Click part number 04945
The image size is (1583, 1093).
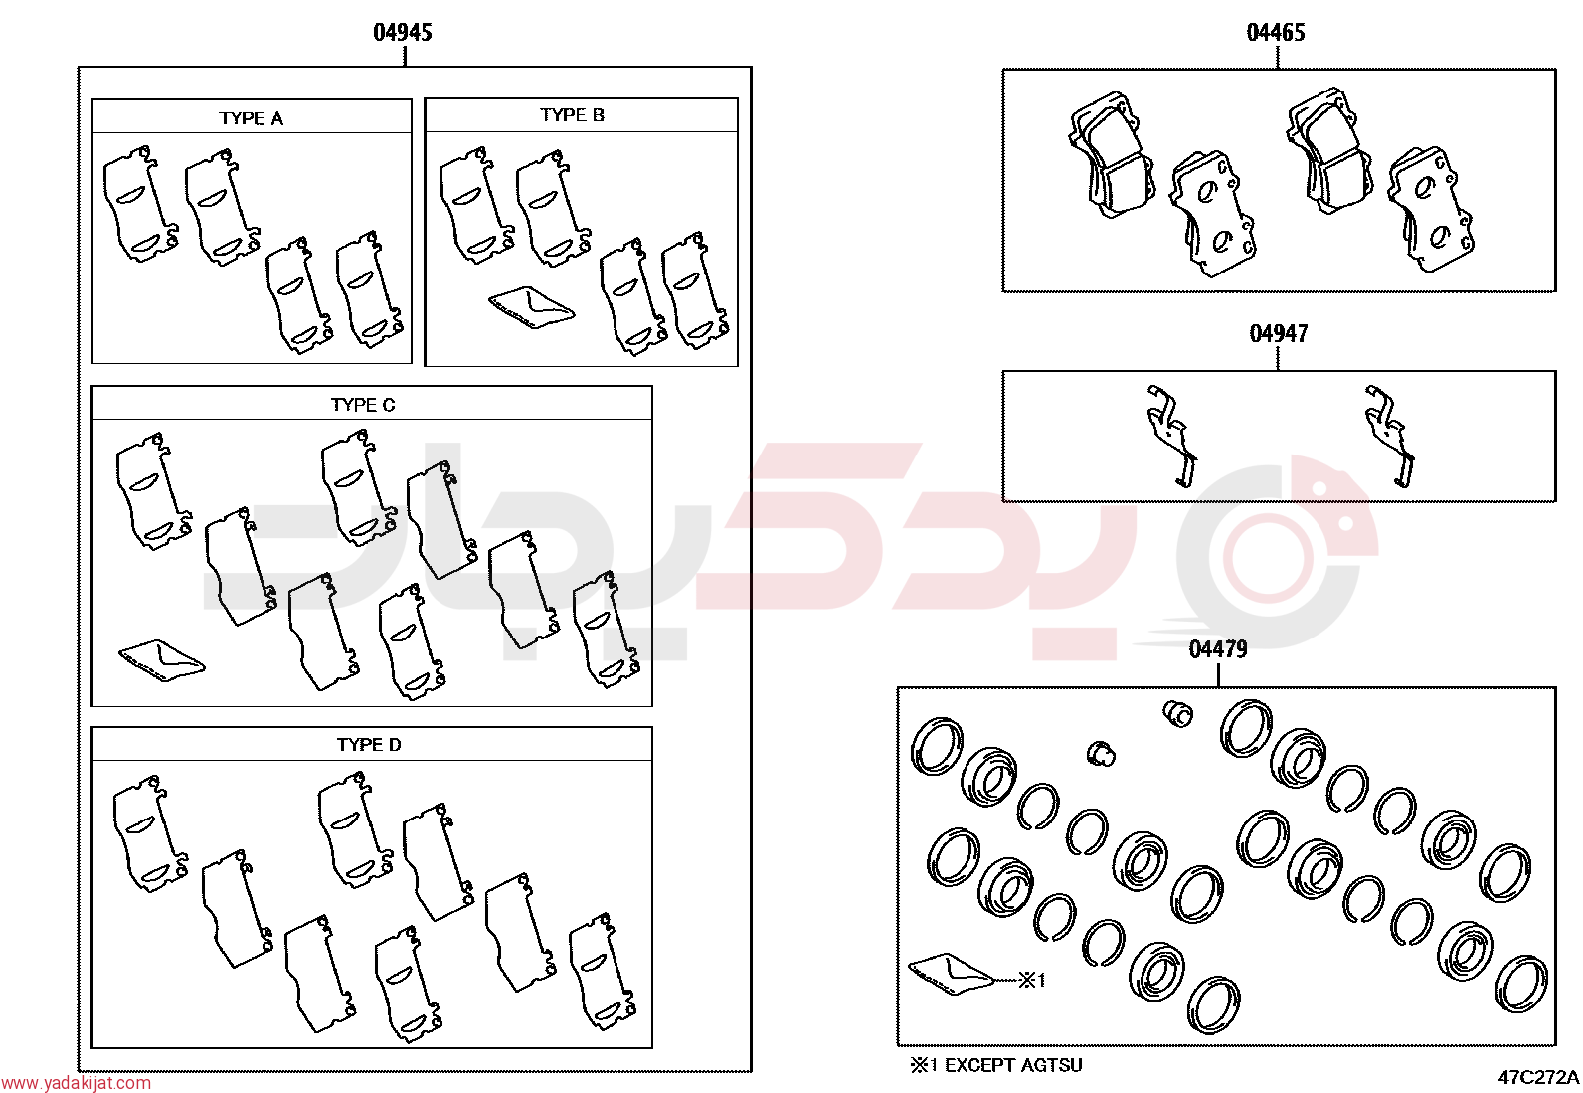[402, 33]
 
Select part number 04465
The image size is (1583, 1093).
[1276, 33]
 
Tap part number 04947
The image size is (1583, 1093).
[1279, 334]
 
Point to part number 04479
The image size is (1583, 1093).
[1218, 649]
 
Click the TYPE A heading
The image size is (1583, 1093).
[251, 118]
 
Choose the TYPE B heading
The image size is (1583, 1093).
[573, 115]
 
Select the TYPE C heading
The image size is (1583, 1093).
[363, 405]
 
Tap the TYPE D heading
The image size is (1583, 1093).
[369, 745]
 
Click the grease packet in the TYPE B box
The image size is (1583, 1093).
[531, 307]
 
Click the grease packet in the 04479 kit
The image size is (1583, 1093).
[952, 977]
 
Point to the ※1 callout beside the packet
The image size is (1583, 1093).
[1032, 980]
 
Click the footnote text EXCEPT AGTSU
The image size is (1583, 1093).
[1013, 1065]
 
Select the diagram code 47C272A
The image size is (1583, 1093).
[1538, 1077]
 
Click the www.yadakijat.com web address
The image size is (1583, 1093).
[76, 1083]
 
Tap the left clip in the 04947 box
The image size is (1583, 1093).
[1172, 436]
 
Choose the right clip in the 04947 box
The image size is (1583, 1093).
[1390, 436]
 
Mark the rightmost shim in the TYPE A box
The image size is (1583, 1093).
[370, 289]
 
